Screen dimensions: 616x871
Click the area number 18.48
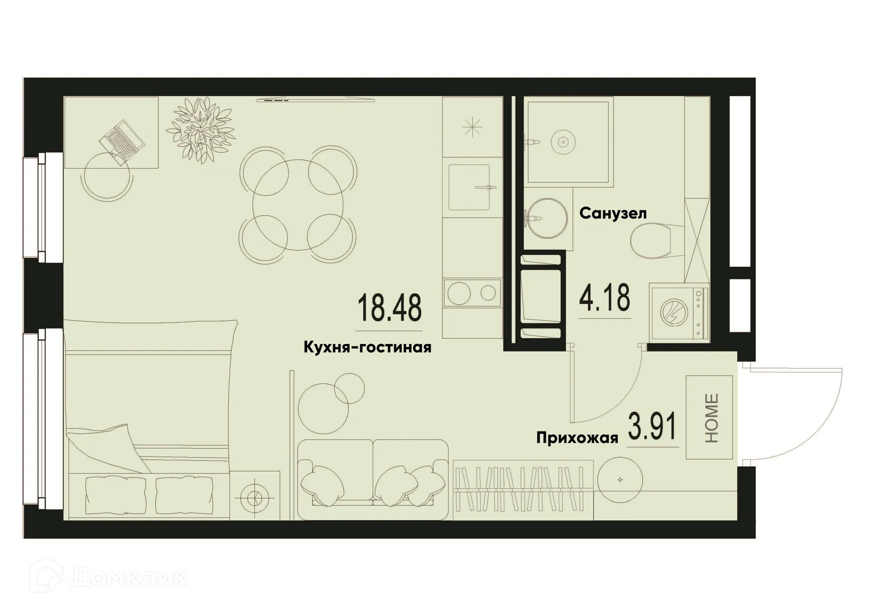389,308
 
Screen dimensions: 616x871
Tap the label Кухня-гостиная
367,348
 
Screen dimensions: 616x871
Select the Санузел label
612,213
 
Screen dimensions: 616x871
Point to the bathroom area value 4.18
605,297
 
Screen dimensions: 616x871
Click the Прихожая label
577,438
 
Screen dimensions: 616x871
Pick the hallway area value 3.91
652,426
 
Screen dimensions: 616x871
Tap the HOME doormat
709,417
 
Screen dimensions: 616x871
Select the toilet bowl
651,241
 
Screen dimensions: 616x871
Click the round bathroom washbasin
548,218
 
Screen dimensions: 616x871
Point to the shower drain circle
563,142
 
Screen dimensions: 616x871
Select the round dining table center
298,205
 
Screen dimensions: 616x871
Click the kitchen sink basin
469,187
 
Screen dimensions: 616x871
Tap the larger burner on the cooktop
459,293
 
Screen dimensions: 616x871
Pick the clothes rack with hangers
523,490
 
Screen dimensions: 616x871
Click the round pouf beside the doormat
620,480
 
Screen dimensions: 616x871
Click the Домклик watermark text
129,578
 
